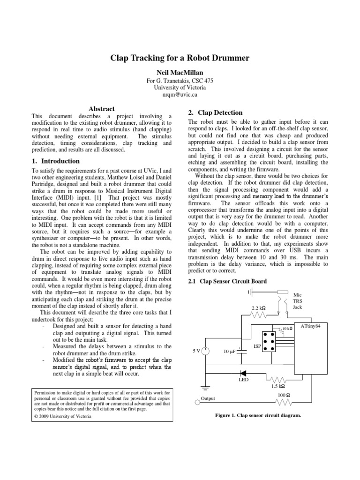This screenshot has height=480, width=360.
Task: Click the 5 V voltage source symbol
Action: coord(205,351)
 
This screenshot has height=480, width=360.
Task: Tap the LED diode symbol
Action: coord(243,374)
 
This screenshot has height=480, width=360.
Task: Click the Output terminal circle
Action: coord(197,402)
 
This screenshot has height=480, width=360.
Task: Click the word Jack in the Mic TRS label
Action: coord(297,307)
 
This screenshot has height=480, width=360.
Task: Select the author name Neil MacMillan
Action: coord(180,73)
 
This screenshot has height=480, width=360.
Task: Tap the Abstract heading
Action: coord(102,109)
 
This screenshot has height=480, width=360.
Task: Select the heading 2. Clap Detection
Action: coord(215,112)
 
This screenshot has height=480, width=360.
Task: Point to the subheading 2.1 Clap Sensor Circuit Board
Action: coord(227,281)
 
